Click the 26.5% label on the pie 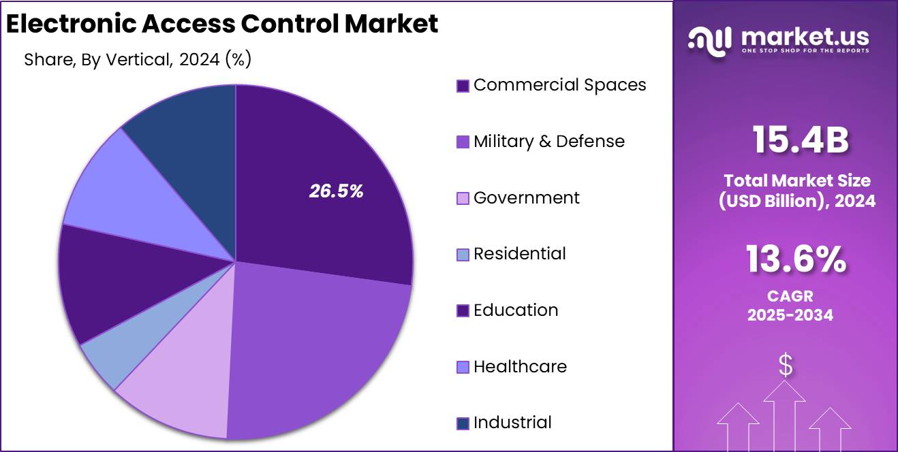336,192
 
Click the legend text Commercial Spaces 559,85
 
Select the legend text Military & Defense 548,142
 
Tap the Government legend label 526,198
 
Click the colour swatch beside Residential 463,255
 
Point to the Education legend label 516,310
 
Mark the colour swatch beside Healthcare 463,368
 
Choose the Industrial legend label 512,423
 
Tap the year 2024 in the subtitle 199,60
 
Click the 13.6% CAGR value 796,259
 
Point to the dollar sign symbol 786,366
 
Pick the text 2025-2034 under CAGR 790,315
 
